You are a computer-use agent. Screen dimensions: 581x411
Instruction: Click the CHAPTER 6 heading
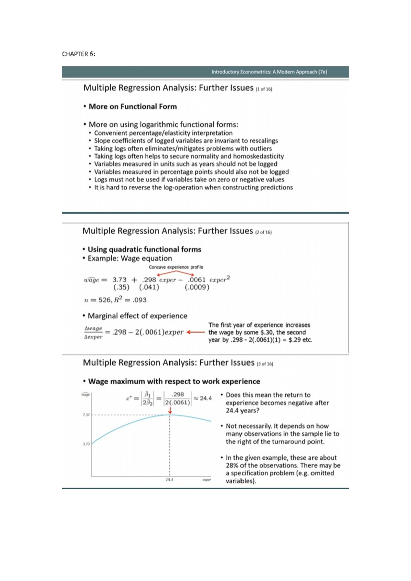click(78, 54)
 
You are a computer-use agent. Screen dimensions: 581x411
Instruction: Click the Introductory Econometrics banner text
click(269, 72)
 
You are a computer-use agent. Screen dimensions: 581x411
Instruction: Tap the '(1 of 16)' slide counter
click(263, 89)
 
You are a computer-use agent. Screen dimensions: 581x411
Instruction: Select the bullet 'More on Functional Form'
click(133, 107)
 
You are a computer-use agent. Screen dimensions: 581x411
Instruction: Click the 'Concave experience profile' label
click(176, 267)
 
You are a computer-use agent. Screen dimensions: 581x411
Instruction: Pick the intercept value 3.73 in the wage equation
click(119, 280)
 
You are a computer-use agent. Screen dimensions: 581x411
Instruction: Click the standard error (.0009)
click(197, 287)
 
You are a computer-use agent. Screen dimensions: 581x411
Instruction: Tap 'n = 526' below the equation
click(97, 300)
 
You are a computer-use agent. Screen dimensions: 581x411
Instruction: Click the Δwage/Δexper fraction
click(93, 332)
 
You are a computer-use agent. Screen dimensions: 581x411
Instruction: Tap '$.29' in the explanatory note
click(295, 340)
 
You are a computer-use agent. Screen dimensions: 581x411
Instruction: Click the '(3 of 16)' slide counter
click(265, 364)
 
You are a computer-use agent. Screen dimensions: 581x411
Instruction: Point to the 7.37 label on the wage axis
click(86, 415)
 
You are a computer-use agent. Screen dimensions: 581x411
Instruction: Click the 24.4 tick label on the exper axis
click(169, 480)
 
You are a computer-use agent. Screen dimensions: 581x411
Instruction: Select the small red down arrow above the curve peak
click(170, 410)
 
